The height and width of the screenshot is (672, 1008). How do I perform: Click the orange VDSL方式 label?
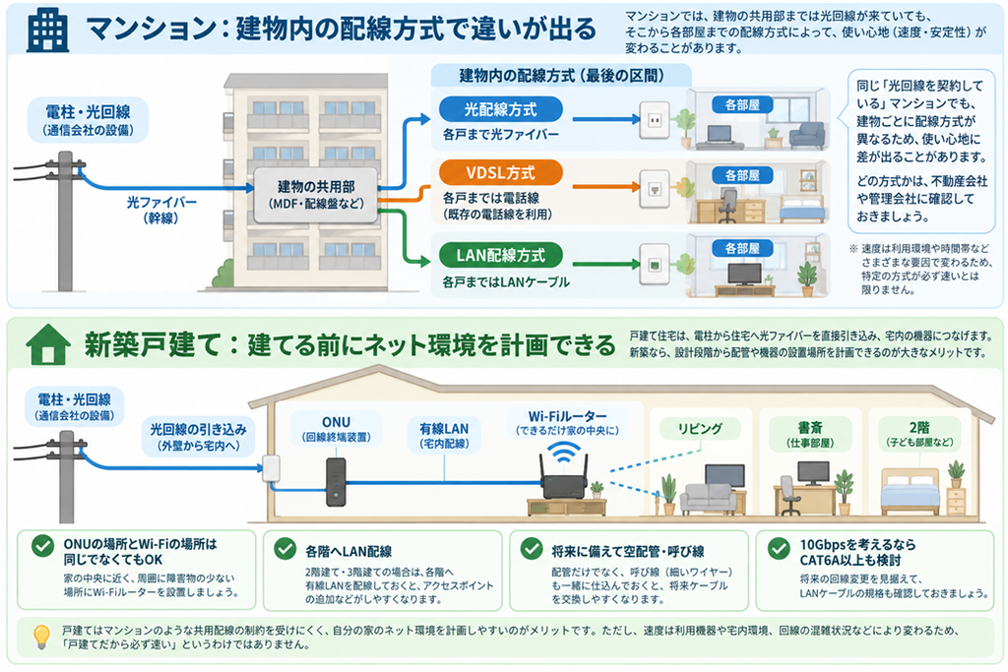[x=501, y=173]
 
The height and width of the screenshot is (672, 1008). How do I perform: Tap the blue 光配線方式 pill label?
[x=501, y=110]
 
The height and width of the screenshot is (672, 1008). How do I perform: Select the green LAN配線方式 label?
[x=501, y=255]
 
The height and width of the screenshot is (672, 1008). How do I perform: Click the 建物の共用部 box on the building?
[x=316, y=196]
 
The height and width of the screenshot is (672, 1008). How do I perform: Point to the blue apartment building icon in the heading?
[x=47, y=31]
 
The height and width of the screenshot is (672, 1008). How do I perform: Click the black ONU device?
[x=336, y=482]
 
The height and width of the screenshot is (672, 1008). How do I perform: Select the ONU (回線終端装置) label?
[x=337, y=429]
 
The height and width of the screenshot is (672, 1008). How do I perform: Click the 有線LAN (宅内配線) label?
[x=444, y=435]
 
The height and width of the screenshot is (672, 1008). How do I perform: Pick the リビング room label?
[x=700, y=429]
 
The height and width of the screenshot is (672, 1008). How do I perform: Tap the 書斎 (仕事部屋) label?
[x=810, y=434]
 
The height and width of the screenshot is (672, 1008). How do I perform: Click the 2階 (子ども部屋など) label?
[x=919, y=434]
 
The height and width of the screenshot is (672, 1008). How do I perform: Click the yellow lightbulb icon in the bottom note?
[x=41, y=636]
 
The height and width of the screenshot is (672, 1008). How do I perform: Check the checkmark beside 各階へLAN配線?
[x=284, y=549]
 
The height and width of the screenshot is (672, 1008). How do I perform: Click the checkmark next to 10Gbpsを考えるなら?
[x=779, y=549]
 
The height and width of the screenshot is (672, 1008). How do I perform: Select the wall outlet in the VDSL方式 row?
[x=655, y=189]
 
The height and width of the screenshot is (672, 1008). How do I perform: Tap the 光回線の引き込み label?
[x=198, y=437]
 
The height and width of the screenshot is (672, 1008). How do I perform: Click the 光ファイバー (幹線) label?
[x=161, y=211]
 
